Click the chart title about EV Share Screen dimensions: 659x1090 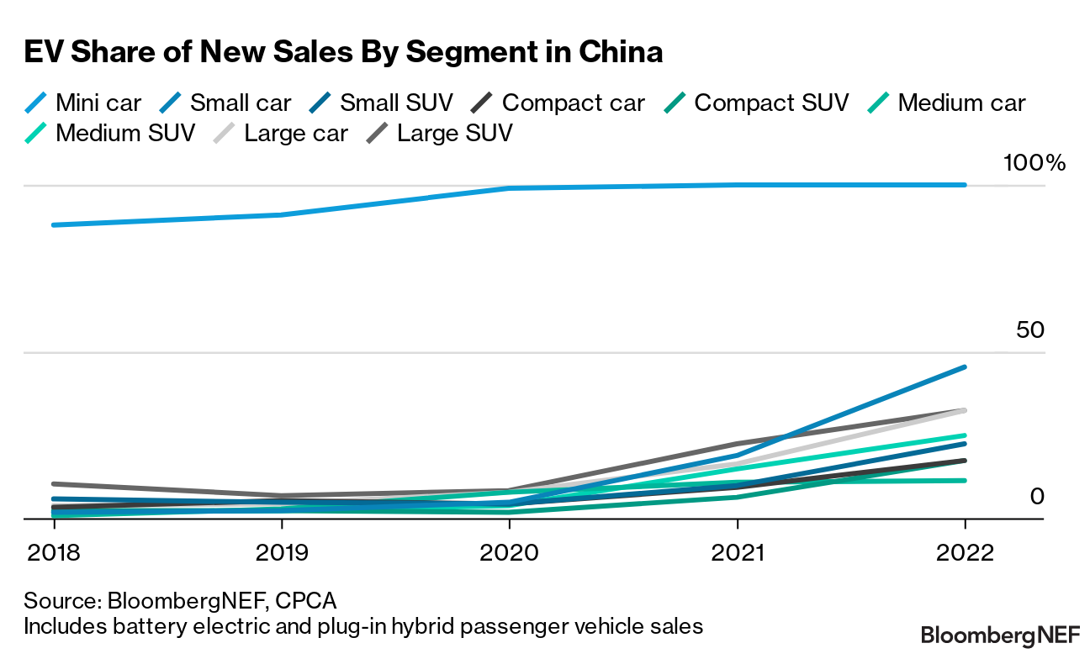click(343, 52)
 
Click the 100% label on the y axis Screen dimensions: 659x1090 click(1034, 163)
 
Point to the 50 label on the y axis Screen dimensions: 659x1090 click(1029, 330)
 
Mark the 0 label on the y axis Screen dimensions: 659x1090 click(1037, 497)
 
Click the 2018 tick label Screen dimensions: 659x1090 click(54, 553)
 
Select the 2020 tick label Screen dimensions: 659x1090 click(509, 553)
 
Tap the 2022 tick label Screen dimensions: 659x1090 click(965, 553)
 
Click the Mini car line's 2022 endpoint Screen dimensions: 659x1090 click(965, 185)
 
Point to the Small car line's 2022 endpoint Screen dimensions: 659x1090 click(965, 367)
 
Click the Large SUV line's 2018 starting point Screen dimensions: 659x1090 click(54, 484)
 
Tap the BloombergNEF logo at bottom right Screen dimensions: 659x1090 click(1000, 634)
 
